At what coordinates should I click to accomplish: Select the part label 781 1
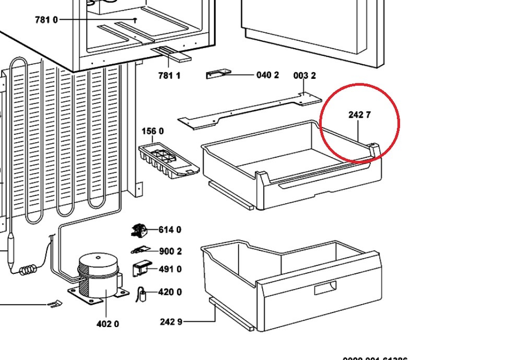[x=169, y=76]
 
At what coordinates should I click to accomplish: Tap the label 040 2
[x=267, y=75]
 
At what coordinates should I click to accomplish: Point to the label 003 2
[x=304, y=76]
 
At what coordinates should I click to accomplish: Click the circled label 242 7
[x=359, y=115]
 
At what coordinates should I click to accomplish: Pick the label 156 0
[x=153, y=131]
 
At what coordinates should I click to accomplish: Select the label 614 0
[x=170, y=230]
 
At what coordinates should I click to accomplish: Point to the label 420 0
[x=170, y=292]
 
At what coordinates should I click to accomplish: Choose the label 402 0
[x=108, y=324]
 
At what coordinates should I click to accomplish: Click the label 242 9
[x=171, y=321]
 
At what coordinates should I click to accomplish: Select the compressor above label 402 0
[x=99, y=277]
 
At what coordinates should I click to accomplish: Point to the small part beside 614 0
[x=139, y=230]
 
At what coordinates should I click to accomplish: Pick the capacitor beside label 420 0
[x=141, y=295]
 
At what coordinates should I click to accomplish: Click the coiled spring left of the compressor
[x=29, y=270]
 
